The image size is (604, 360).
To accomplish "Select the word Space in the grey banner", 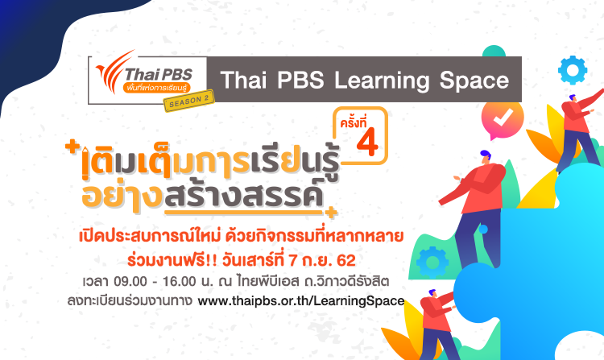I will click(x=474, y=81).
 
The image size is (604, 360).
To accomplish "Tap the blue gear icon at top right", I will click(x=573, y=71).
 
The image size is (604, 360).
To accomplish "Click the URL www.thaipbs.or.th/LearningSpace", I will click(x=300, y=302).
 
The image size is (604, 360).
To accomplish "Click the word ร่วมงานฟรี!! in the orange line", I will click(x=159, y=260).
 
